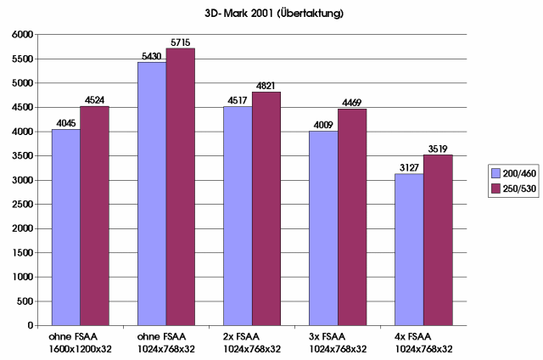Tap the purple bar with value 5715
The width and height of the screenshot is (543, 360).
tap(180, 187)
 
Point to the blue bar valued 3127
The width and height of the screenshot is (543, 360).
tap(410, 250)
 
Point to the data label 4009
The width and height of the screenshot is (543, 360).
tap(323, 124)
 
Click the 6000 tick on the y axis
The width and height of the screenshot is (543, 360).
tap(22, 35)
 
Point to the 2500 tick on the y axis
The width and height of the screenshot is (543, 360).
tap(22, 205)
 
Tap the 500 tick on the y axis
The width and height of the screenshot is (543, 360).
tap(25, 301)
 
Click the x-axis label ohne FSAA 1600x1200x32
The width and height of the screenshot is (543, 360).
tap(79, 343)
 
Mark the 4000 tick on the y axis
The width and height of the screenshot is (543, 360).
tap(22, 132)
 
